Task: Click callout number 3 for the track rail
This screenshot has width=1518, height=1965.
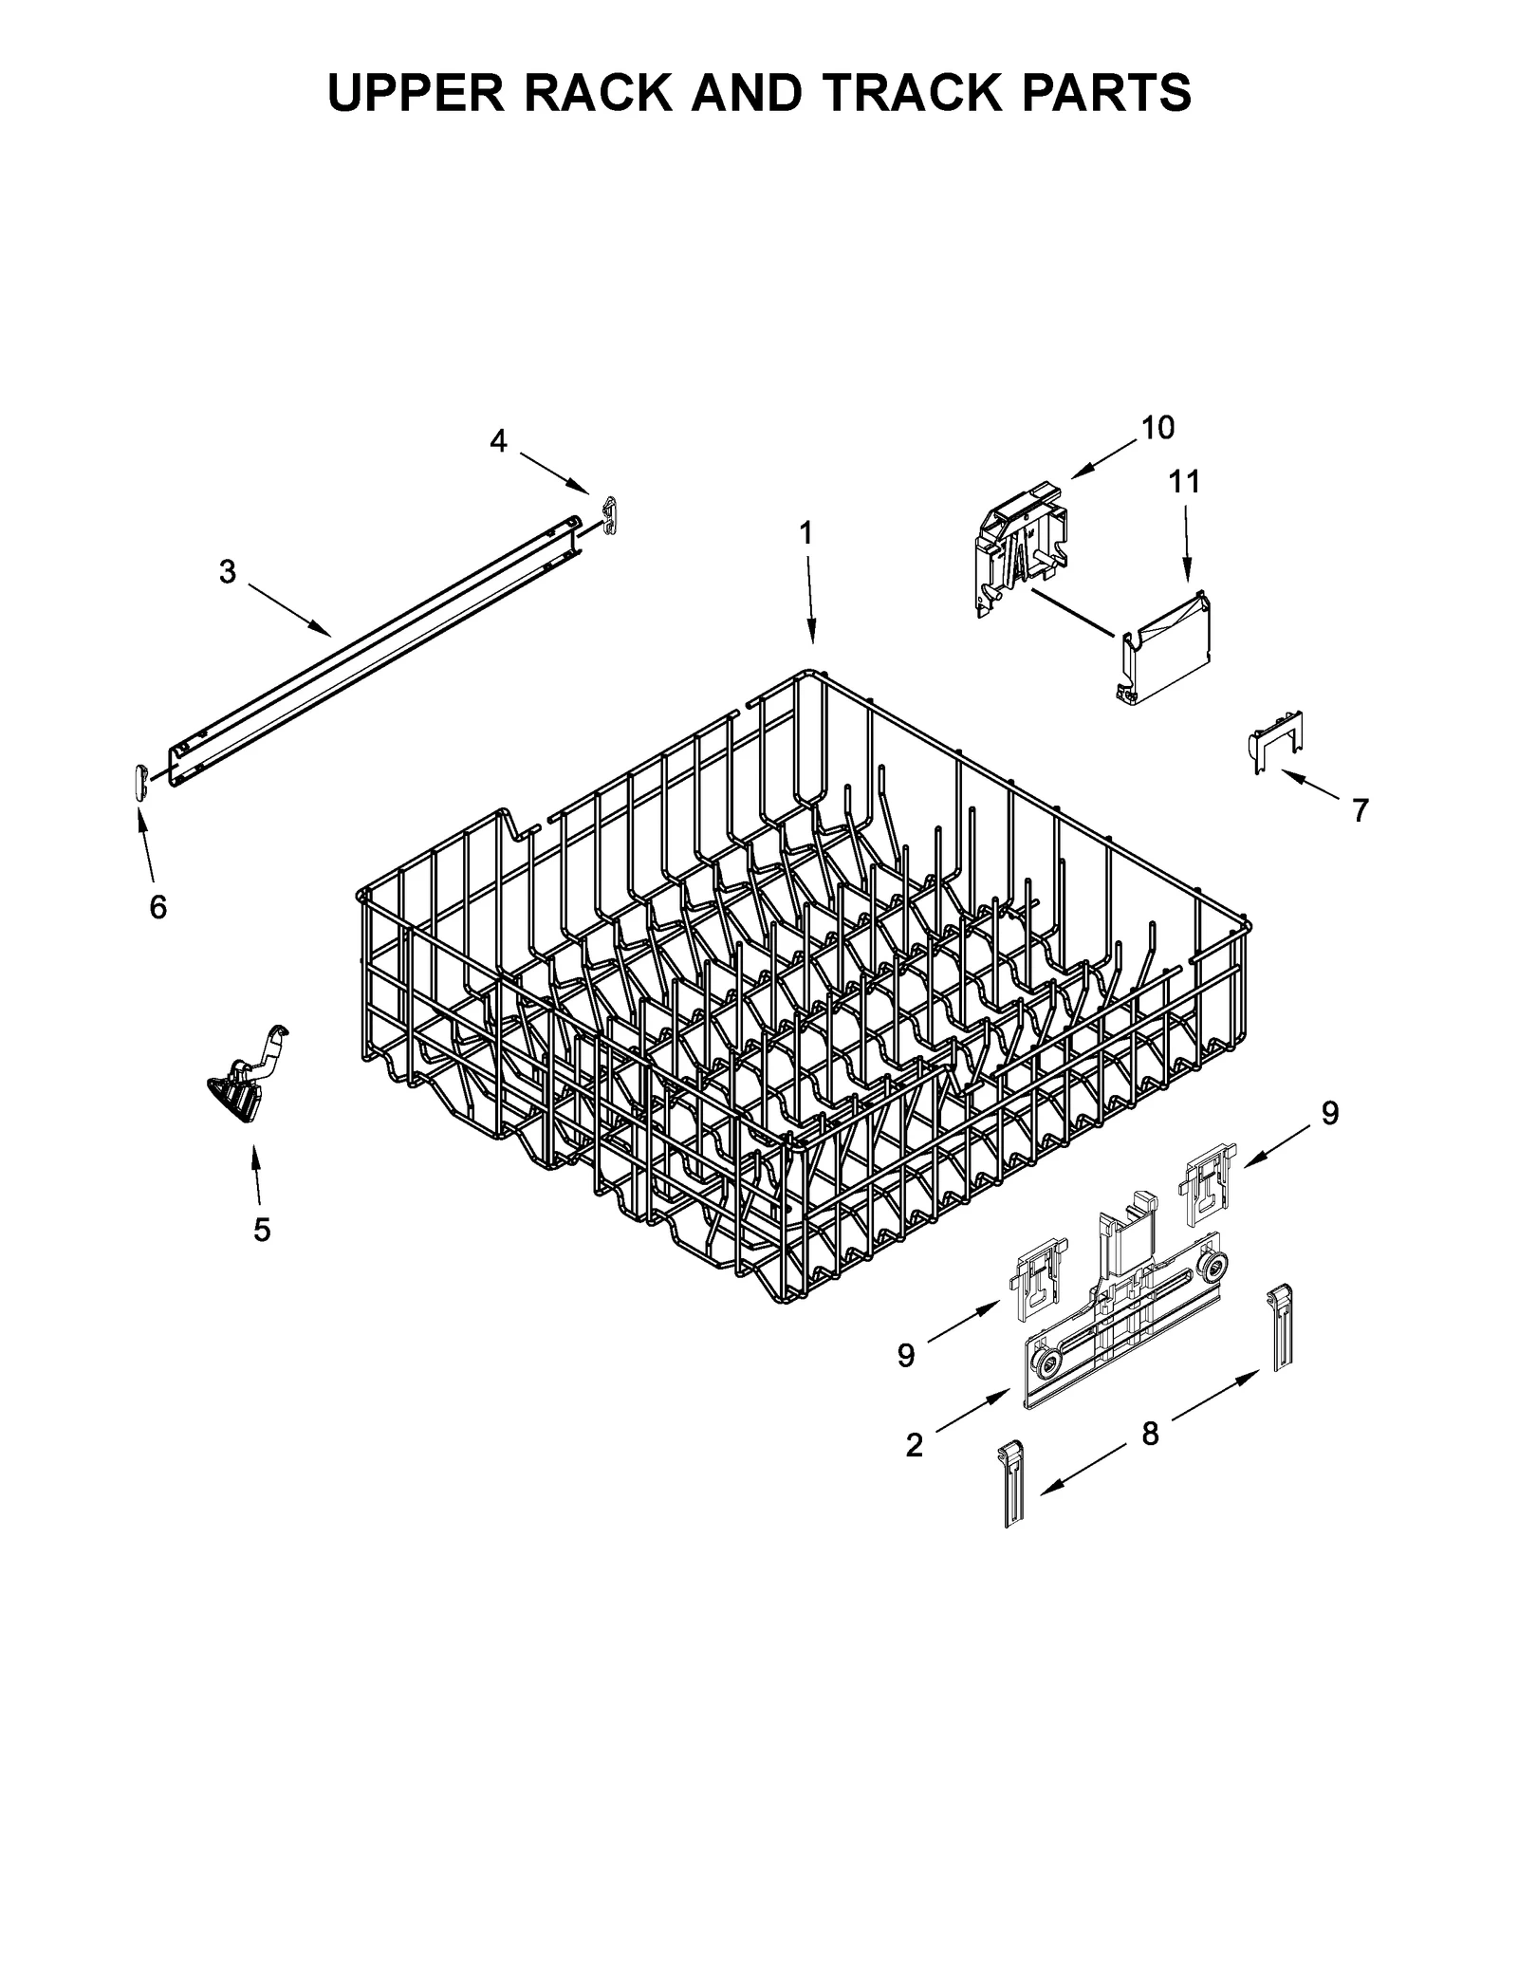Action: click(x=227, y=572)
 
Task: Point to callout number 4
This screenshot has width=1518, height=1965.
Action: click(x=498, y=440)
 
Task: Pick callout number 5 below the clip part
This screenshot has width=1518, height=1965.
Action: click(x=262, y=1230)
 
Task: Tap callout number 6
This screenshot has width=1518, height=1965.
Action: click(x=157, y=907)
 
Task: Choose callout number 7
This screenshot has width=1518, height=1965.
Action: click(x=1361, y=810)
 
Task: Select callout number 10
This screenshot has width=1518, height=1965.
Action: click(x=1157, y=428)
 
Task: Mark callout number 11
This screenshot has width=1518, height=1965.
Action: click(x=1184, y=482)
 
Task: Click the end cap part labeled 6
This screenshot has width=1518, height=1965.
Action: click(x=141, y=782)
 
